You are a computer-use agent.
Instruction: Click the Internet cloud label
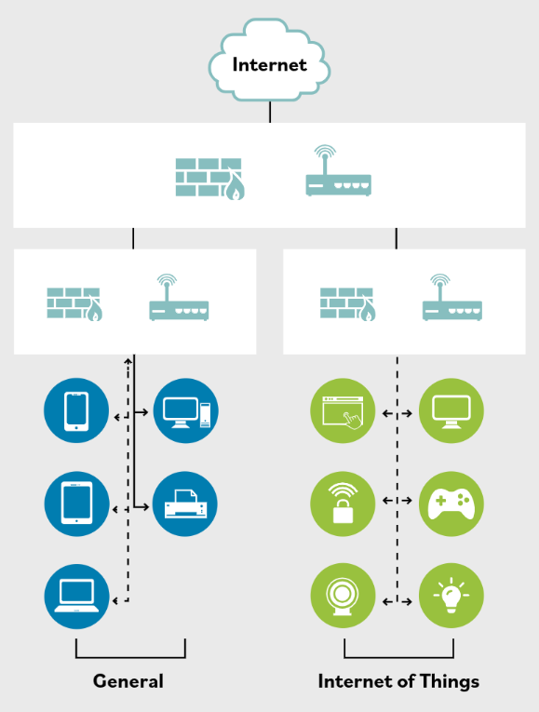click(x=269, y=64)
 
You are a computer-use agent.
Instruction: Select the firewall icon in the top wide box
click(x=209, y=177)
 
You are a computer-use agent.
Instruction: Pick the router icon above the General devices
click(x=179, y=299)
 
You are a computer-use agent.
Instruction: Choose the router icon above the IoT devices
click(x=451, y=299)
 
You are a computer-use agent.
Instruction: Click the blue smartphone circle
click(x=76, y=410)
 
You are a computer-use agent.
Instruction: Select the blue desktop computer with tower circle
click(x=185, y=410)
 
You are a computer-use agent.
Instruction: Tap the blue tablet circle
click(x=76, y=504)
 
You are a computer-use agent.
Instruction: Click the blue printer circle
click(x=185, y=504)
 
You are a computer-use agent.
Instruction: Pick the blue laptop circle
click(x=76, y=596)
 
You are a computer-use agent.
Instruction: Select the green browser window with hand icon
click(x=343, y=410)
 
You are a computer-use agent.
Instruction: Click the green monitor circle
click(x=451, y=410)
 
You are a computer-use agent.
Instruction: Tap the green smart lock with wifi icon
click(x=343, y=504)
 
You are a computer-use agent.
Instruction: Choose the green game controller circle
click(x=451, y=504)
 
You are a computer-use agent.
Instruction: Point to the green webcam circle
click(x=343, y=596)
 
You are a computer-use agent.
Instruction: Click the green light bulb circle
click(x=451, y=596)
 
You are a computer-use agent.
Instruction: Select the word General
click(x=128, y=681)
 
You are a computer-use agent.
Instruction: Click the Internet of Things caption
click(x=398, y=681)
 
